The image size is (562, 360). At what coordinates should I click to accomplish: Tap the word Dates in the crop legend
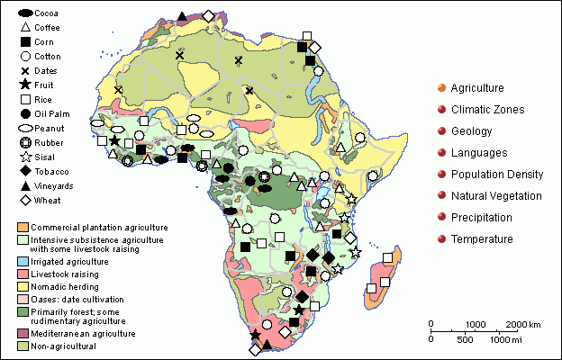tap(48, 71)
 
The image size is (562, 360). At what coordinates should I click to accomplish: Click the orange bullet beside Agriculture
tap(440, 88)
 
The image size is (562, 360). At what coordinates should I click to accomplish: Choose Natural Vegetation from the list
tap(496, 196)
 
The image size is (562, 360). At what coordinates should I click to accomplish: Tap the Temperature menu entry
tap(482, 239)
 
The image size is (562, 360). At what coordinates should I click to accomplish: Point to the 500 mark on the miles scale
tap(465, 339)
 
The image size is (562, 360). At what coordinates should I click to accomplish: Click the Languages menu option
tap(477, 153)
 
